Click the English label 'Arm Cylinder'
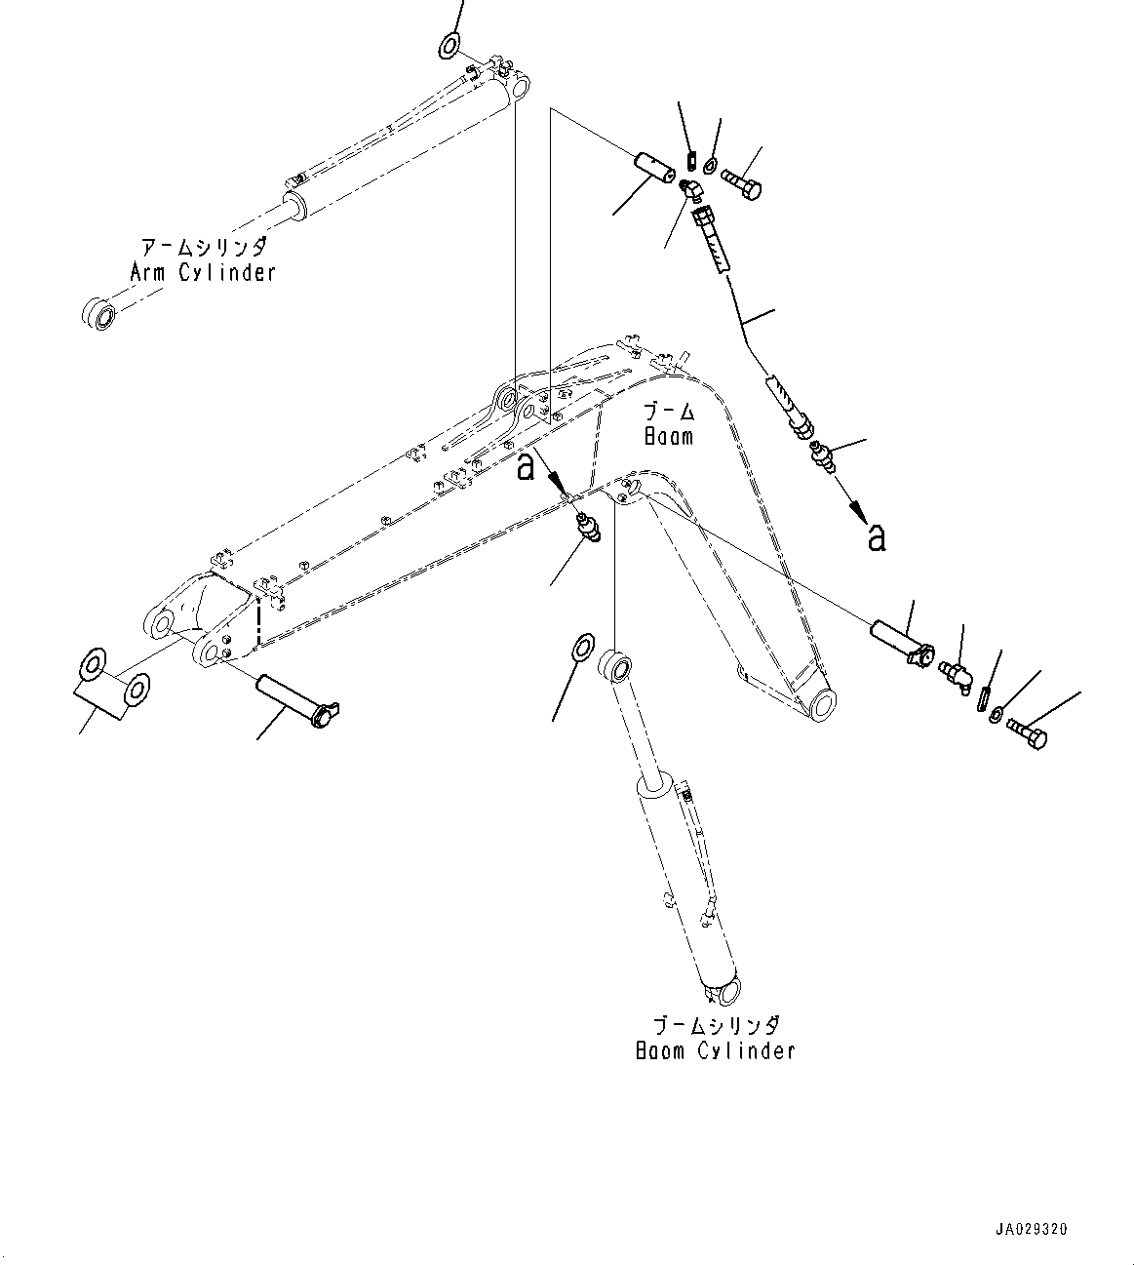pyautogui.click(x=203, y=273)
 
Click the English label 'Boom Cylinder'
pyautogui.click(x=715, y=1050)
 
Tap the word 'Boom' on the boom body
pyautogui.click(x=669, y=435)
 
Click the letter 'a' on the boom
pyautogui.click(x=526, y=467)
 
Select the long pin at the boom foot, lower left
pyautogui.click(x=295, y=702)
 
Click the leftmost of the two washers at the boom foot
pyautogui.click(x=94, y=665)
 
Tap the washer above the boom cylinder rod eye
pyautogui.click(x=583, y=646)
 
